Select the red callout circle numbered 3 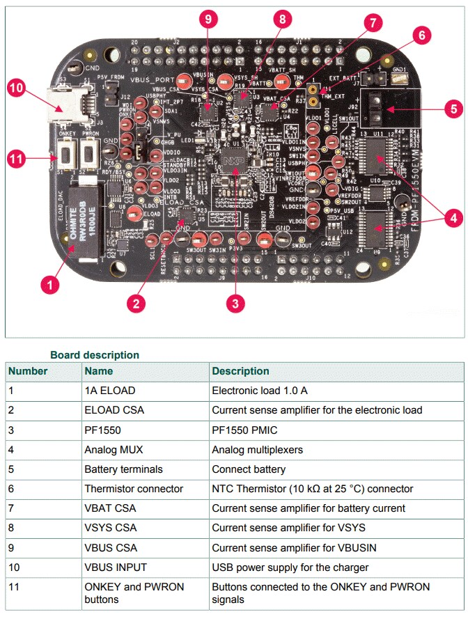(236, 302)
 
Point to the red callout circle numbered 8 (282, 19)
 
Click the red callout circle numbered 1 (50, 284)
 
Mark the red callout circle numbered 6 (421, 34)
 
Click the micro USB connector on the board (64, 103)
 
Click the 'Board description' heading (94, 355)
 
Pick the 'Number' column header (28, 371)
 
